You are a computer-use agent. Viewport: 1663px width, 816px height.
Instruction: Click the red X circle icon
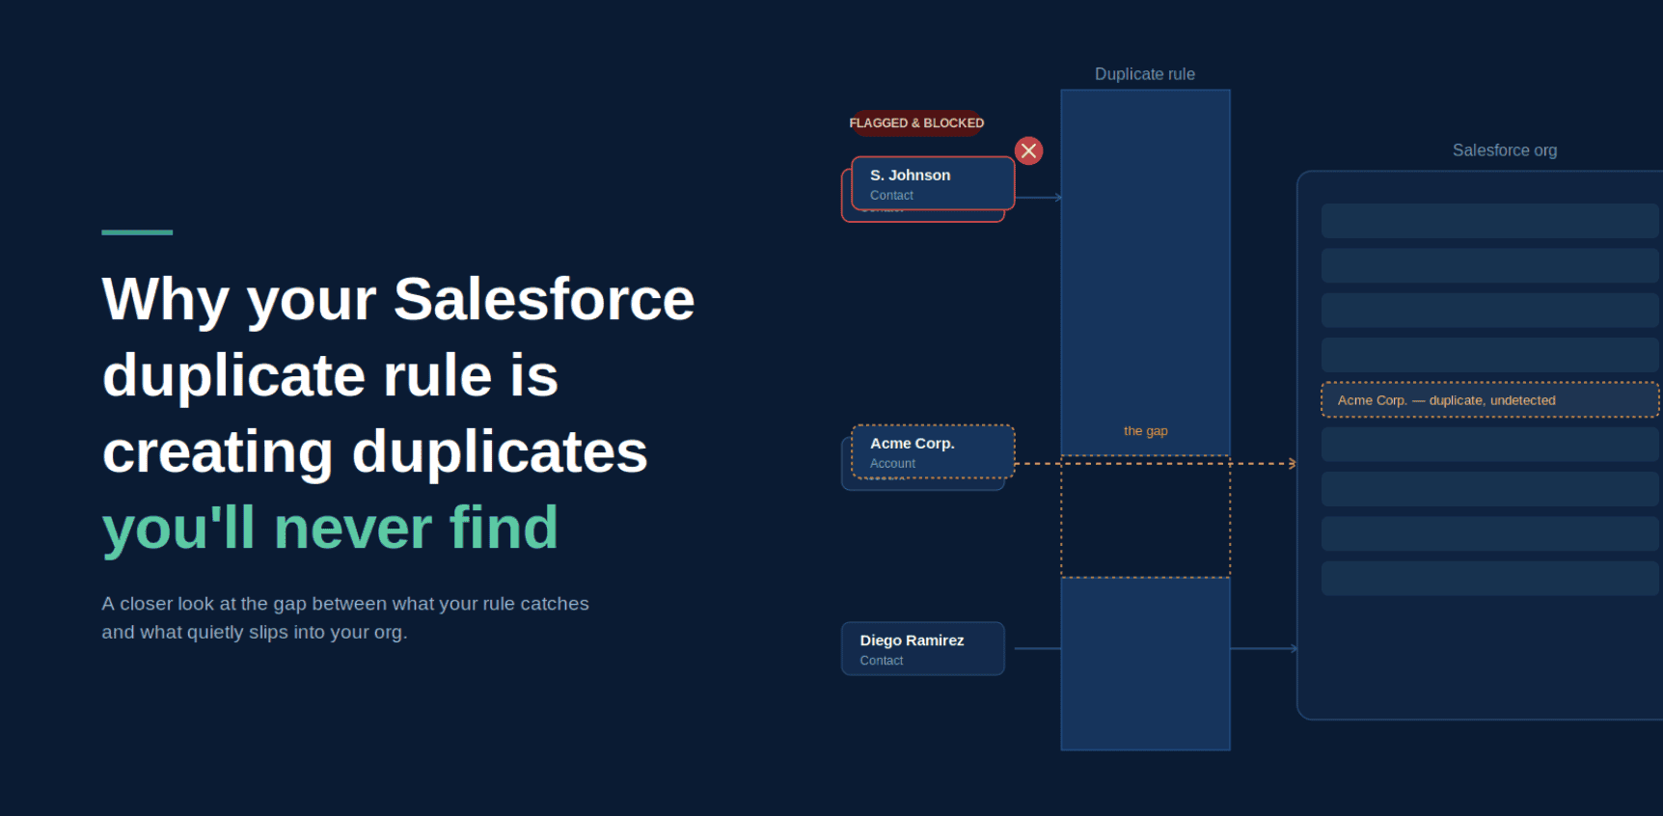(1029, 150)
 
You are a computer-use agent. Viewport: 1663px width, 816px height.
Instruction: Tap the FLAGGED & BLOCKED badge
(916, 122)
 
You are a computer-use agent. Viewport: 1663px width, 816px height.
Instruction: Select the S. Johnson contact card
(933, 183)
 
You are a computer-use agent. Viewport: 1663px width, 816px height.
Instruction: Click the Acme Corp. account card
(933, 451)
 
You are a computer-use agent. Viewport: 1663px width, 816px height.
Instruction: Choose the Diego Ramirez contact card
(923, 648)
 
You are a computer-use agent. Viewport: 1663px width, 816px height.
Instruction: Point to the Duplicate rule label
(1145, 74)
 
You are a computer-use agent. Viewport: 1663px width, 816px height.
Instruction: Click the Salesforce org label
(1505, 150)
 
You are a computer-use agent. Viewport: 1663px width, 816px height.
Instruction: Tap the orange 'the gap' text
(1146, 431)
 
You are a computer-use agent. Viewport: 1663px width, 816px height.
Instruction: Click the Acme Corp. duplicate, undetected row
(1489, 400)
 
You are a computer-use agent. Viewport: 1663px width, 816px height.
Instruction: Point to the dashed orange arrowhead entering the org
(1293, 464)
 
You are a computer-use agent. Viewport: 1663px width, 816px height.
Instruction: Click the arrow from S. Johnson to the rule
(1039, 198)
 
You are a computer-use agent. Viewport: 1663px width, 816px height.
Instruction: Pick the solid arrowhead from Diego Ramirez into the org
(1294, 649)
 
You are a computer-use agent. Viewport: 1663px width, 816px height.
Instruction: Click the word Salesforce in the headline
(544, 299)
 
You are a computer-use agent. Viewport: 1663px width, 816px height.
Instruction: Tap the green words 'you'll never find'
(330, 529)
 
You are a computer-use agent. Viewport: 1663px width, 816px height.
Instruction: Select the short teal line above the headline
(137, 232)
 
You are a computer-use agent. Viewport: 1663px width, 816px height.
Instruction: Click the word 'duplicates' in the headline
(500, 452)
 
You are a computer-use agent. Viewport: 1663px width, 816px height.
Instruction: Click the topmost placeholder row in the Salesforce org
(1489, 221)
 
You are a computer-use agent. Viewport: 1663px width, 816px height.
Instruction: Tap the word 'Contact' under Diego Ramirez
(882, 661)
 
